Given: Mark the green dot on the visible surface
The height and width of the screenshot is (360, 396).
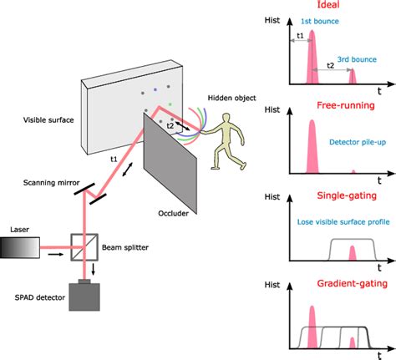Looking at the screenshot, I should pyautogui.click(x=170, y=105).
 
